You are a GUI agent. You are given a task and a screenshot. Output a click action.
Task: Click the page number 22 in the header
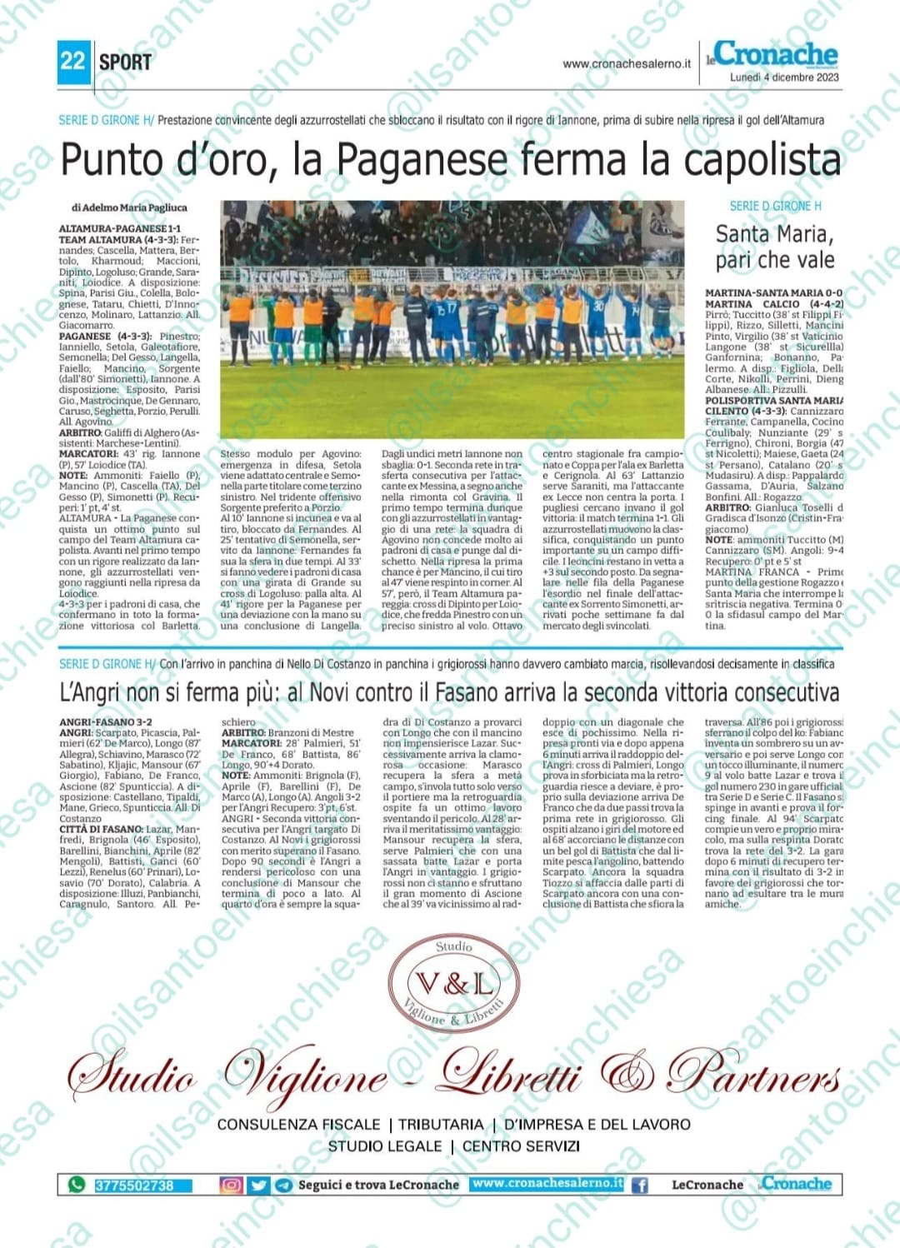(x=72, y=61)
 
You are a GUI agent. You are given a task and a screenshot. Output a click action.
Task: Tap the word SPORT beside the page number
(x=125, y=62)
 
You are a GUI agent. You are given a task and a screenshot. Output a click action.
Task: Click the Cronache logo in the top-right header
(x=775, y=54)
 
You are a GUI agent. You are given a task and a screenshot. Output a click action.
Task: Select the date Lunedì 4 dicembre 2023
(x=784, y=77)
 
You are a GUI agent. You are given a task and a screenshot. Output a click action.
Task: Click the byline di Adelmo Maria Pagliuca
(x=129, y=207)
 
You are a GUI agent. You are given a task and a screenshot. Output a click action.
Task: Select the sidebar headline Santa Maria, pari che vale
(x=774, y=247)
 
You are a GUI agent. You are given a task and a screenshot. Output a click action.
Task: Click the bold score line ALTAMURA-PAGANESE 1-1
(x=120, y=228)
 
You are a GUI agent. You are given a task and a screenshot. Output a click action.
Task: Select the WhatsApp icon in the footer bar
(x=77, y=1184)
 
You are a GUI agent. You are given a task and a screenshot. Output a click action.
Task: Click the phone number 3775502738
(x=135, y=1185)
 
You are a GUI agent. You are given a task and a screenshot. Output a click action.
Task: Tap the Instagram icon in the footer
(x=231, y=1184)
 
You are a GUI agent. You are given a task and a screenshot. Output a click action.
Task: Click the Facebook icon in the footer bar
(x=640, y=1184)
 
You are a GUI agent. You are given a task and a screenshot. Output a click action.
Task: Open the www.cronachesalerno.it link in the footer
(x=547, y=1183)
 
